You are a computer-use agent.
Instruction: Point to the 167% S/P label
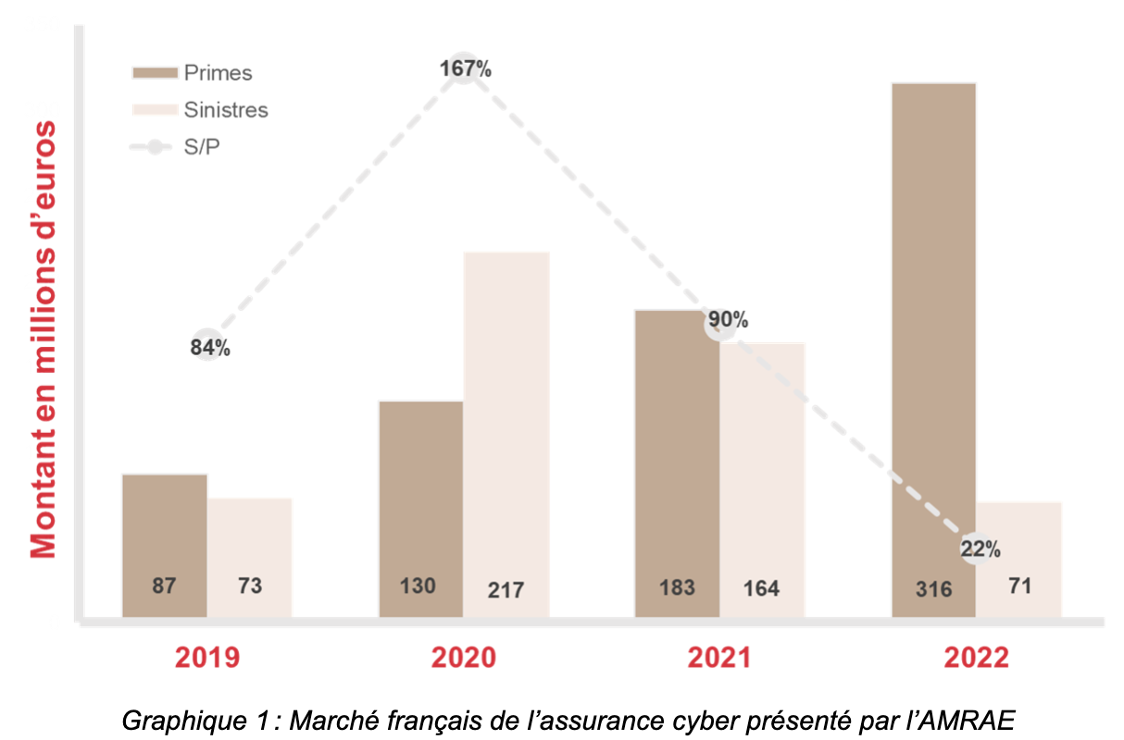[x=465, y=68]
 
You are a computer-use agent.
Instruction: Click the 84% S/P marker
[x=210, y=347]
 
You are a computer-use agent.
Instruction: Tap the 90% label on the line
[x=727, y=321]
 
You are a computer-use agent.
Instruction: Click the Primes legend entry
[x=193, y=73]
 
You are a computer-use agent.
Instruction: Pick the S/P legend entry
[x=176, y=146]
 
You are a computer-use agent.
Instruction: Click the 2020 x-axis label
[x=464, y=658]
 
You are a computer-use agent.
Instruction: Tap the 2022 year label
[x=976, y=658]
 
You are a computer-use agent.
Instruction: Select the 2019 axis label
[x=207, y=658]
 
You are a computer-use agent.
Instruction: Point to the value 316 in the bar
[x=932, y=589]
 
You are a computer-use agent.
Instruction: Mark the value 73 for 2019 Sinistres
[x=249, y=586]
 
